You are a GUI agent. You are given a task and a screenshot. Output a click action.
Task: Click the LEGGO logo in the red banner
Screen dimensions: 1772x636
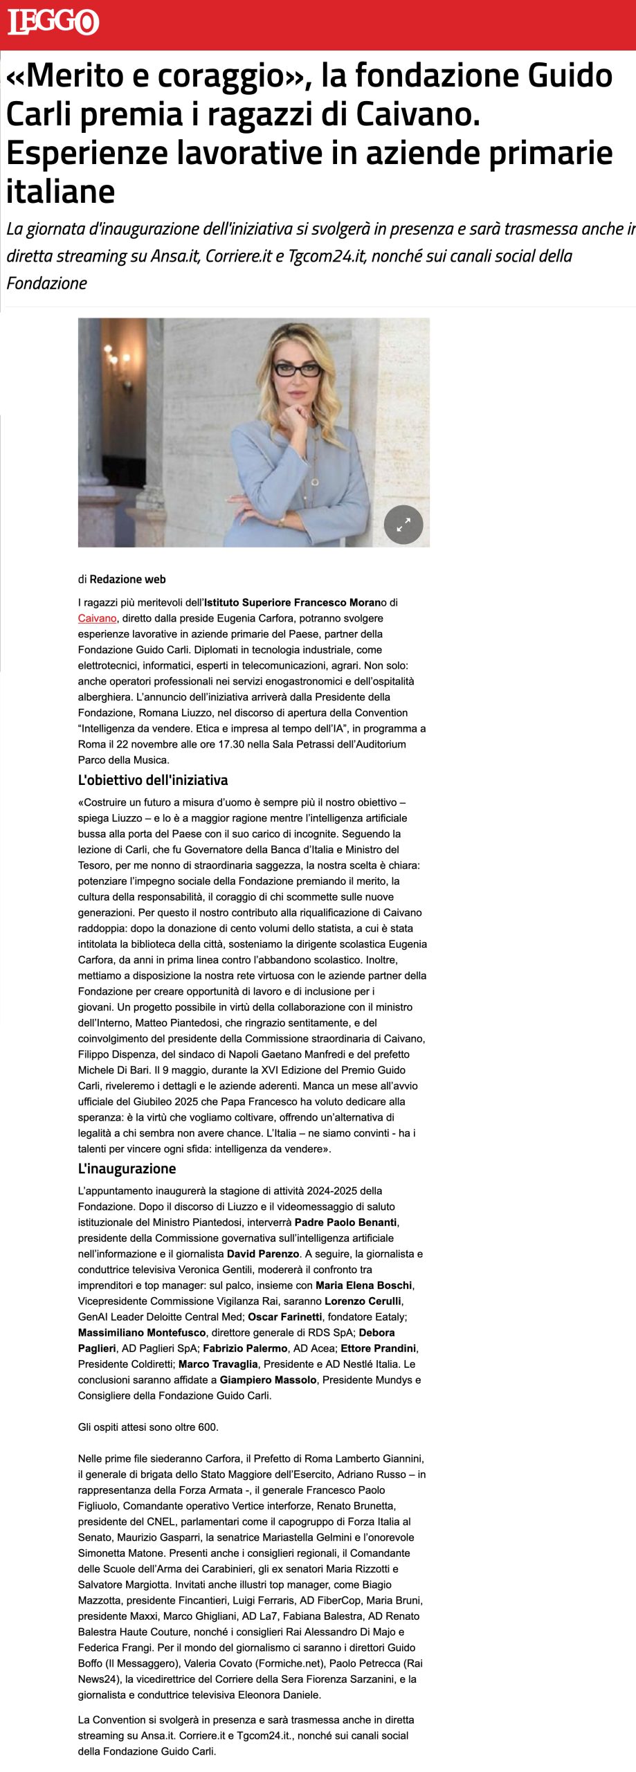pos(53,22)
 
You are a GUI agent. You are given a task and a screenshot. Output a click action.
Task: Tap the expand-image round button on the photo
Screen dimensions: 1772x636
pos(403,525)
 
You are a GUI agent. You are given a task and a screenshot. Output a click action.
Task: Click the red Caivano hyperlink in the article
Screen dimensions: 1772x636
pos(97,618)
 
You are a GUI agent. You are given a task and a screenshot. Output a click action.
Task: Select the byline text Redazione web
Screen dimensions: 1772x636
pos(127,579)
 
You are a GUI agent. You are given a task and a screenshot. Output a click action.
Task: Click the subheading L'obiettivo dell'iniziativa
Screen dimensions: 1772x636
pos(153,780)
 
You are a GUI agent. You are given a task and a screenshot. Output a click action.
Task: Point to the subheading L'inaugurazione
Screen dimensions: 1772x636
pos(127,1168)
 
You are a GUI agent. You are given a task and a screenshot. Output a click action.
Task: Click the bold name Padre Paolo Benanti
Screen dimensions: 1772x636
pos(346,1222)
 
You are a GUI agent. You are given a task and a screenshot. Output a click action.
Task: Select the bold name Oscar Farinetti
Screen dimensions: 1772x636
pos(284,1317)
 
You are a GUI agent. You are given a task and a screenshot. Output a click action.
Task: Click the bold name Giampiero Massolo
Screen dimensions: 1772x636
pos(269,1380)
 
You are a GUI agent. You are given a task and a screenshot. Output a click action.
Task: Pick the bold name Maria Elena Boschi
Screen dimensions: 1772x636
pos(364,1285)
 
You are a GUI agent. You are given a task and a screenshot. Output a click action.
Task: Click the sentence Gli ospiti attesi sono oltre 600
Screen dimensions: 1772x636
pos(148,1427)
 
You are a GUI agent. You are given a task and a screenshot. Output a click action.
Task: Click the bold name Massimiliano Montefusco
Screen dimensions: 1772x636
pos(142,1332)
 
